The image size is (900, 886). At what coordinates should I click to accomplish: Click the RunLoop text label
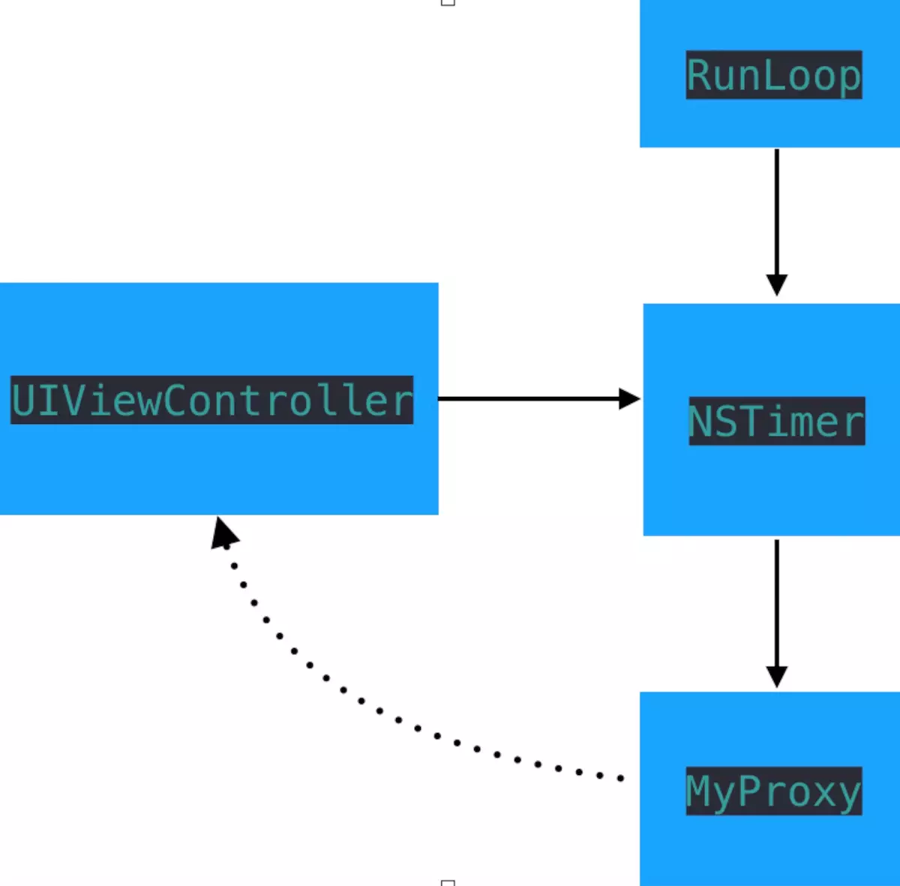pos(774,75)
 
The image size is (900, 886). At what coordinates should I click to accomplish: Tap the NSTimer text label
pos(777,421)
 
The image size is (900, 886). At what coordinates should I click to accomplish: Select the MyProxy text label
pos(774,791)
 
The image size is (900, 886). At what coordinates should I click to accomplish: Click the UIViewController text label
pos(212,400)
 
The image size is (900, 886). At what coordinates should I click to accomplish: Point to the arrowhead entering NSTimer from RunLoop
pos(777,285)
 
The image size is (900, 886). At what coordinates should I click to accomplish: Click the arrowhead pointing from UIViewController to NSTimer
pos(629,398)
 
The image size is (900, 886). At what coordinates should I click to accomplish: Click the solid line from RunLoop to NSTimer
pos(777,212)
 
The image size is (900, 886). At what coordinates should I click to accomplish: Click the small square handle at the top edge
pos(448,2)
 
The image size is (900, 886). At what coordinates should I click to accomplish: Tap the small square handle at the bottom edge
pos(448,883)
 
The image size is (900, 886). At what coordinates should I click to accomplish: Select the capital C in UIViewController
pos(174,401)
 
